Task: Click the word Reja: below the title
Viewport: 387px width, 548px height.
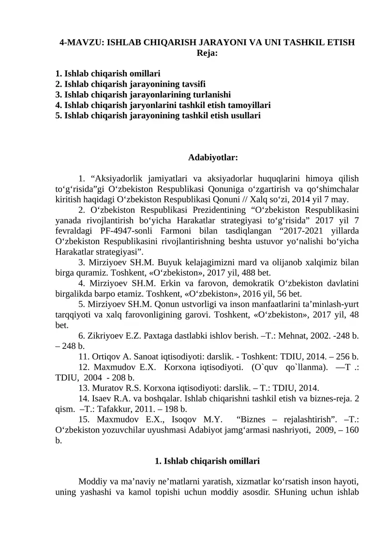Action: click(x=207, y=53)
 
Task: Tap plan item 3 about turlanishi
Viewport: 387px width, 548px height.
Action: click(x=143, y=94)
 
